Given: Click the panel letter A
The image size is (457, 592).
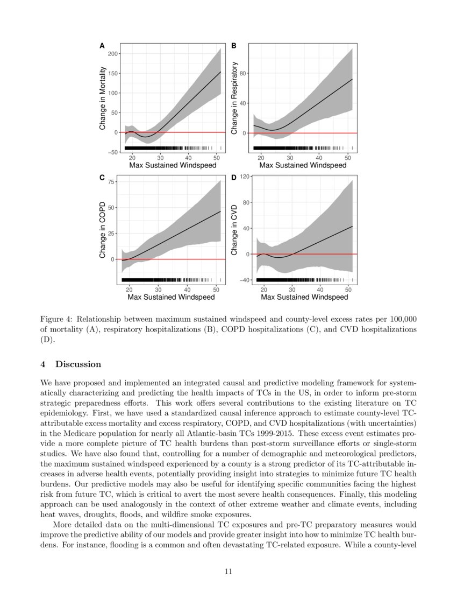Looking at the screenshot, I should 102,46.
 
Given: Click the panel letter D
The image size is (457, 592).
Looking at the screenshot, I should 234,177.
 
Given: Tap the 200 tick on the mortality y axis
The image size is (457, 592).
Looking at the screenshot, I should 113,54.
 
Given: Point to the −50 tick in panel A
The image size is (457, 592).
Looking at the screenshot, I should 113,152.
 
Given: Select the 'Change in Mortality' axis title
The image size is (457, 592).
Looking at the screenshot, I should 103,99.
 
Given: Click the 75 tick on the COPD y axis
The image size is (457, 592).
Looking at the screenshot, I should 111,182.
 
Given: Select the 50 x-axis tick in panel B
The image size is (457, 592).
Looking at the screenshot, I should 347,158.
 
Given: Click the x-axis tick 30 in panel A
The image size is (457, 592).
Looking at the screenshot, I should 160,158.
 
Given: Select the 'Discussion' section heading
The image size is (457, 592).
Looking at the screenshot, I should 78,364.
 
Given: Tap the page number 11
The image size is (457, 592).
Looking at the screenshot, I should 228,572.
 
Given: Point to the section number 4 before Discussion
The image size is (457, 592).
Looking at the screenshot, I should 43,364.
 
